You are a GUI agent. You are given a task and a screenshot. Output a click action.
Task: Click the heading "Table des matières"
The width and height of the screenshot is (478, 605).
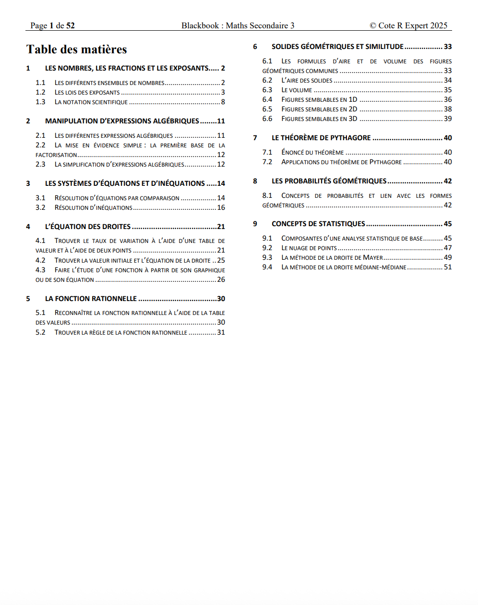tap(77, 49)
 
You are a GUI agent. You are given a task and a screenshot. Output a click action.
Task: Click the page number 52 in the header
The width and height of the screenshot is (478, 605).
tap(71, 25)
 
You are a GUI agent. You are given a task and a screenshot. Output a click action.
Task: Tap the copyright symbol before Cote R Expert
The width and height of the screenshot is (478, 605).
tap(373, 25)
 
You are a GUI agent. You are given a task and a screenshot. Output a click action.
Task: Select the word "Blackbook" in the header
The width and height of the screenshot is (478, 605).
tap(200, 25)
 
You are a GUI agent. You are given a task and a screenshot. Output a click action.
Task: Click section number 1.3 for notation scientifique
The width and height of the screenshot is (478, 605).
tap(40, 102)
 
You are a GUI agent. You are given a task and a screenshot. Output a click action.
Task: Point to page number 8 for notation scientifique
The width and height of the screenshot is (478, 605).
tap(223, 102)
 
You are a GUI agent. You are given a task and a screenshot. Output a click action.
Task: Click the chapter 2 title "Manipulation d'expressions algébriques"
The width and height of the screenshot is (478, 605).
tap(122, 121)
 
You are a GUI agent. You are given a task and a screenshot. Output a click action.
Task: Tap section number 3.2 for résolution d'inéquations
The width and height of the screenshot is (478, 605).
tap(40, 207)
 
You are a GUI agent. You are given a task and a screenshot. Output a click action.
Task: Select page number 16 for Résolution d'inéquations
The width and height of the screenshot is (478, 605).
tap(221, 207)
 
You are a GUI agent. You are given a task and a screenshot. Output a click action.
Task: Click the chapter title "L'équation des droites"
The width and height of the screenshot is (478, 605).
tap(88, 227)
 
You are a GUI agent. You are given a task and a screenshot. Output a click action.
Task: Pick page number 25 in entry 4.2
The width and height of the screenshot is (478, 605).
tap(221, 260)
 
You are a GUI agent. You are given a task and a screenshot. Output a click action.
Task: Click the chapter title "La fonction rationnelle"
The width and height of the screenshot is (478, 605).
tap(91, 299)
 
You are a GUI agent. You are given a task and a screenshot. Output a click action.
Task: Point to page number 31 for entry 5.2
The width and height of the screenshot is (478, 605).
tap(221, 332)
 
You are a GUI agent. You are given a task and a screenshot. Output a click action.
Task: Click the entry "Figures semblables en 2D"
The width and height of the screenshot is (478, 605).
tap(319, 109)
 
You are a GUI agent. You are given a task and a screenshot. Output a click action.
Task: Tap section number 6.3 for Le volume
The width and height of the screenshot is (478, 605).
tap(267, 90)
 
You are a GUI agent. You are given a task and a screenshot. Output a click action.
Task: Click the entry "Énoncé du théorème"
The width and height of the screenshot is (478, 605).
tap(312, 152)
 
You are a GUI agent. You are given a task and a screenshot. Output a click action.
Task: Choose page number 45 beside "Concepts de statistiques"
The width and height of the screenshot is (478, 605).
tap(448, 224)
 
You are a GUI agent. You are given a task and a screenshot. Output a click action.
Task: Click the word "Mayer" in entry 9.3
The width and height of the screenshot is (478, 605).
tap(373, 257)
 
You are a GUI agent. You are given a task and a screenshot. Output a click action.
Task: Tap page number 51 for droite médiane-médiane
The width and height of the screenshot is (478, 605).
tap(448, 267)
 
